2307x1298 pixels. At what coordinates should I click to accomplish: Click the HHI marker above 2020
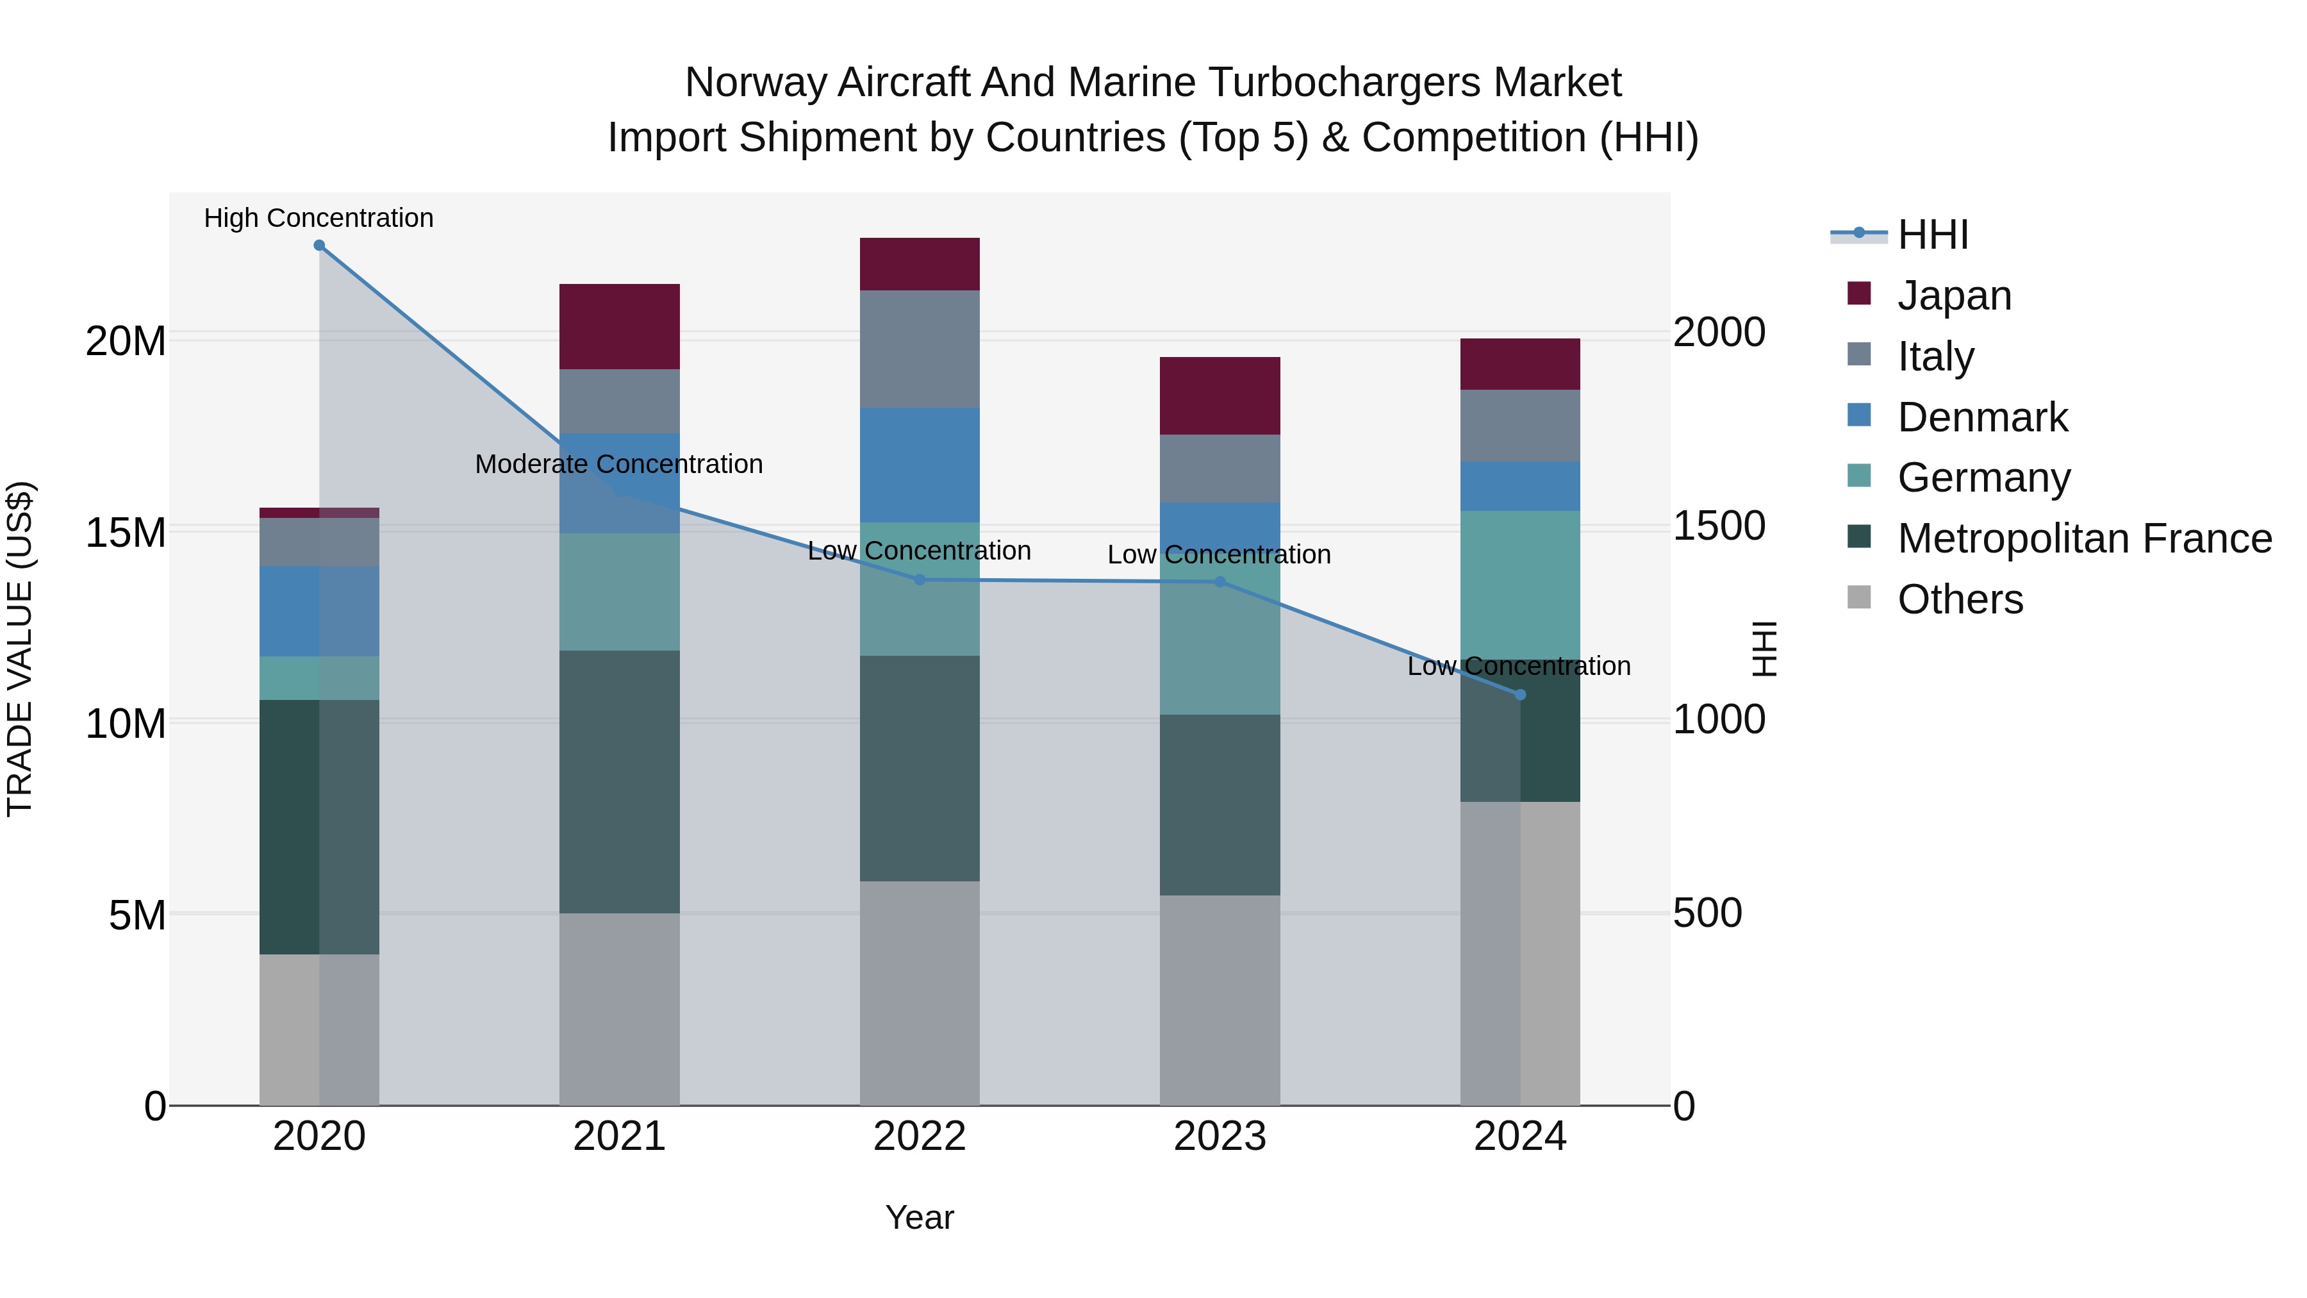[x=319, y=245]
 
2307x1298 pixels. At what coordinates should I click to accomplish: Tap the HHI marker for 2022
[x=920, y=579]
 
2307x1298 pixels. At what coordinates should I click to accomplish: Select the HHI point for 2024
[x=1520, y=695]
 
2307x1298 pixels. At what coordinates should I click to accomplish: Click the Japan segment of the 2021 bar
[x=620, y=326]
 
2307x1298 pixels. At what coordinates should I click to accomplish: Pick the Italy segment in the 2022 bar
[x=920, y=349]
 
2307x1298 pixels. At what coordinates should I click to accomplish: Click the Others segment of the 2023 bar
[x=1220, y=1000]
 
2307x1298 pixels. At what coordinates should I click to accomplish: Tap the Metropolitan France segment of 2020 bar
[x=319, y=826]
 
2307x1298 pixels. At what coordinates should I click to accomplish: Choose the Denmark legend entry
[x=1982, y=417]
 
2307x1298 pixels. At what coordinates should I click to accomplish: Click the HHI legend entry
[x=1933, y=235]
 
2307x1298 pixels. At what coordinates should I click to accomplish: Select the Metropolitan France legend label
[x=2084, y=538]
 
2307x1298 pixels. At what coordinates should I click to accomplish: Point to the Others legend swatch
[x=1859, y=597]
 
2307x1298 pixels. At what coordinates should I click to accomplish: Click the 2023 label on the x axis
[x=1220, y=1136]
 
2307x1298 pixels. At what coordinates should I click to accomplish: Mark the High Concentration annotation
[x=319, y=218]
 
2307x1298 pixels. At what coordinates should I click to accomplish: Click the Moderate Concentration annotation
[x=619, y=464]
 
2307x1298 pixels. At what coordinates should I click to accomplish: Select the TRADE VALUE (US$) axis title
[x=20, y=649]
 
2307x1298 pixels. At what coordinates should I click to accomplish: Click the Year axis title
[x=920, y=1217]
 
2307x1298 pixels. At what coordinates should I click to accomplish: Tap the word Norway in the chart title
[x=757, y=83]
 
